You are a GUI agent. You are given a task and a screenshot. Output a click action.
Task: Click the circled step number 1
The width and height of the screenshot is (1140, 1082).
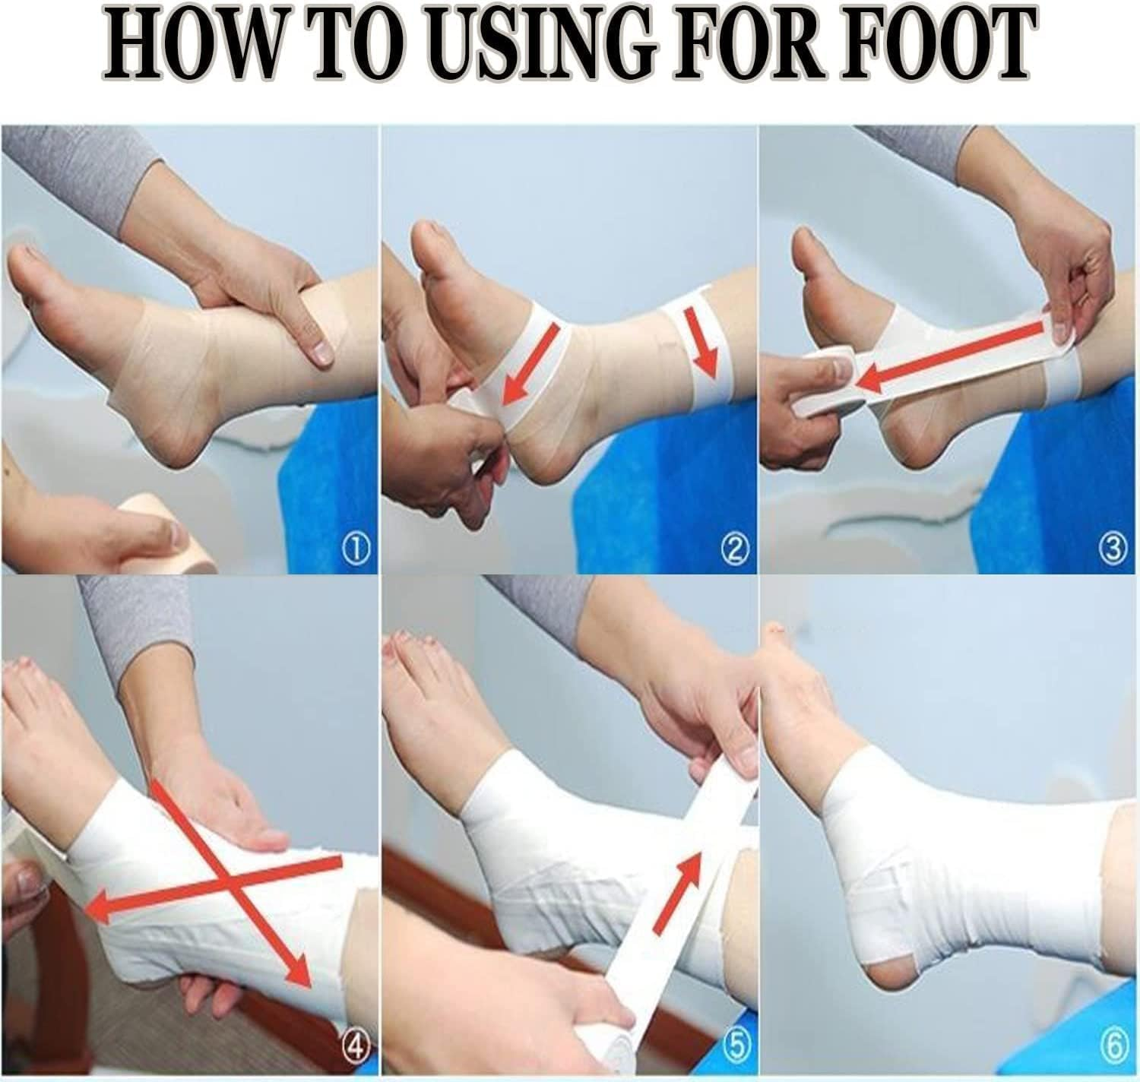pyautogui.click(x=359, y=548)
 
